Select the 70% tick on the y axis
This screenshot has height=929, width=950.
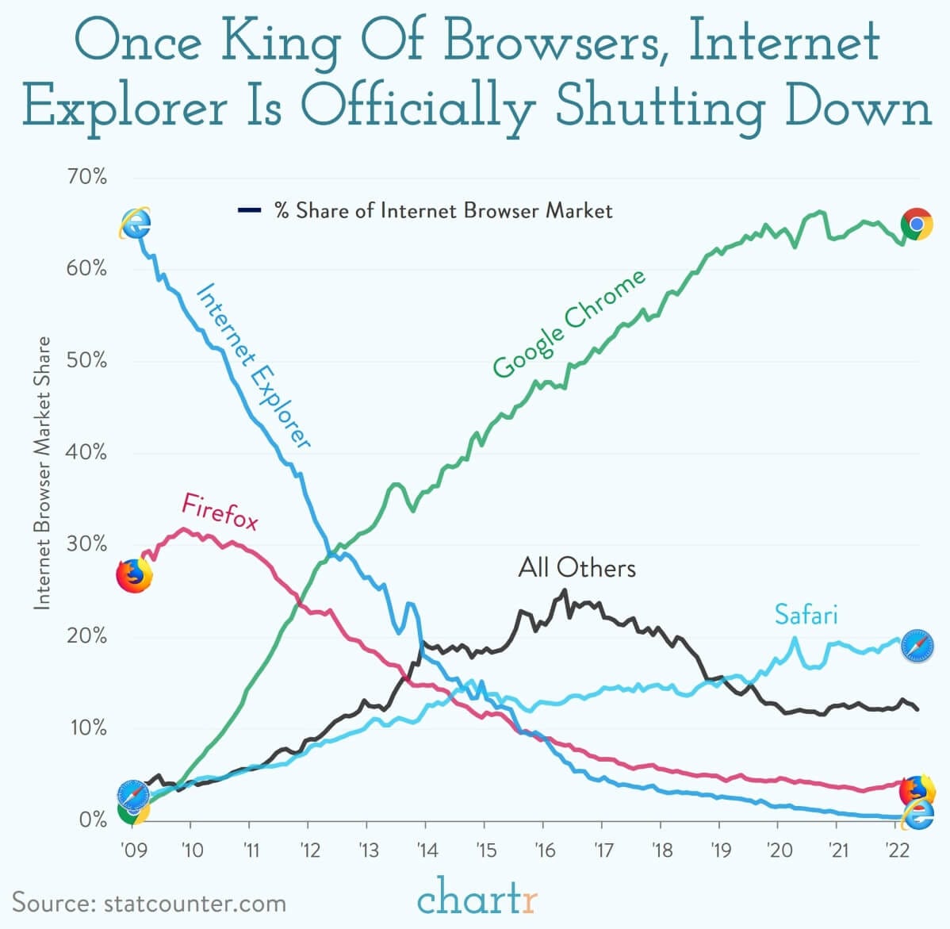(x=87, y=176)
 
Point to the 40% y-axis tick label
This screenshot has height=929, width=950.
(x=87, y=452)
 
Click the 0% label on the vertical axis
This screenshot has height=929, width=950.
(x=93, y=820)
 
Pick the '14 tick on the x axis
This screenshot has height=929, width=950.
(x=427, y=850)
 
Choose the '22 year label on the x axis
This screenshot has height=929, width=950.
(x=895, y=850)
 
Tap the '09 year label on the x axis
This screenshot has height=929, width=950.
(x=133, y=850)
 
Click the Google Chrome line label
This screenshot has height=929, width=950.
(x=569, y=324)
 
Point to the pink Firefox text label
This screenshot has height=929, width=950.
(x=220, y=511)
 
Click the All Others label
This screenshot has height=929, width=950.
(x=577, y=568)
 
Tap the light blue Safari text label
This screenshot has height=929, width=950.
(x=806, y=615)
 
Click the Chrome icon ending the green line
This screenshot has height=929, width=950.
(x=916, y=225)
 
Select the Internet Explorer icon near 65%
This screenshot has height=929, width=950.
(x=135, y=224)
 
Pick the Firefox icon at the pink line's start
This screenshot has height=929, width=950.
(x=134, y=575)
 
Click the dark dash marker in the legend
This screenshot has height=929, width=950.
(x=249, y=210)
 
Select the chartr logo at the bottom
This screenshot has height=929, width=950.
(x=477, y=900)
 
